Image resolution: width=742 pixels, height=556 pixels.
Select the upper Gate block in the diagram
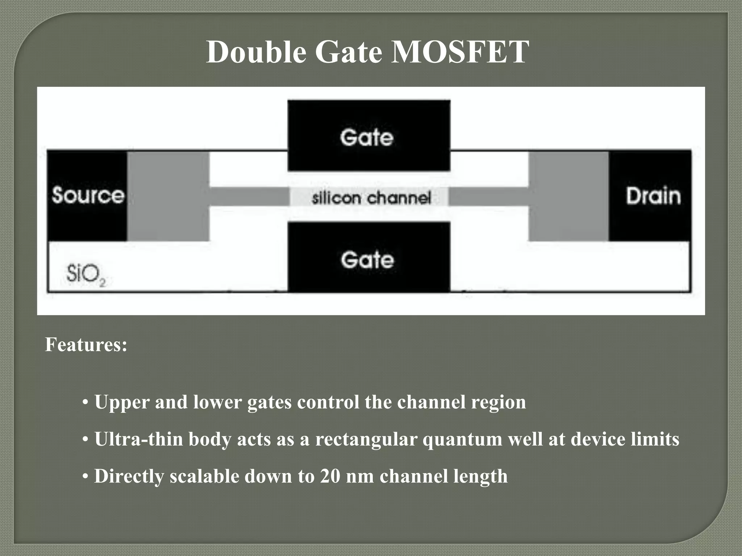pyautogui.click(x=369, y=135)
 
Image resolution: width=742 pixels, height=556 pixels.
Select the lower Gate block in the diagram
pyautogui.click(x=369, y=258)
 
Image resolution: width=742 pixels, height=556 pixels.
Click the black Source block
pyautogui.click(x=87, y=195)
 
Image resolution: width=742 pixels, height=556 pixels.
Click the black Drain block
pyautogui.click(x=650, y=195)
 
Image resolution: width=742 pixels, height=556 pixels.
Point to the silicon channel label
pyautogui.click(x=371, y=198)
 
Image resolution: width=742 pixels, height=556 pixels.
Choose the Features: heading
pyautogui.click(x=86, y=344)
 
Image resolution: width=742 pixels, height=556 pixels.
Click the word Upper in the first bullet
pyautogui.click(x=122, y=402)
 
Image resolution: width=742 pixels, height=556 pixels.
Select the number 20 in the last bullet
pyautogui.click(x=330, y=476)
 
